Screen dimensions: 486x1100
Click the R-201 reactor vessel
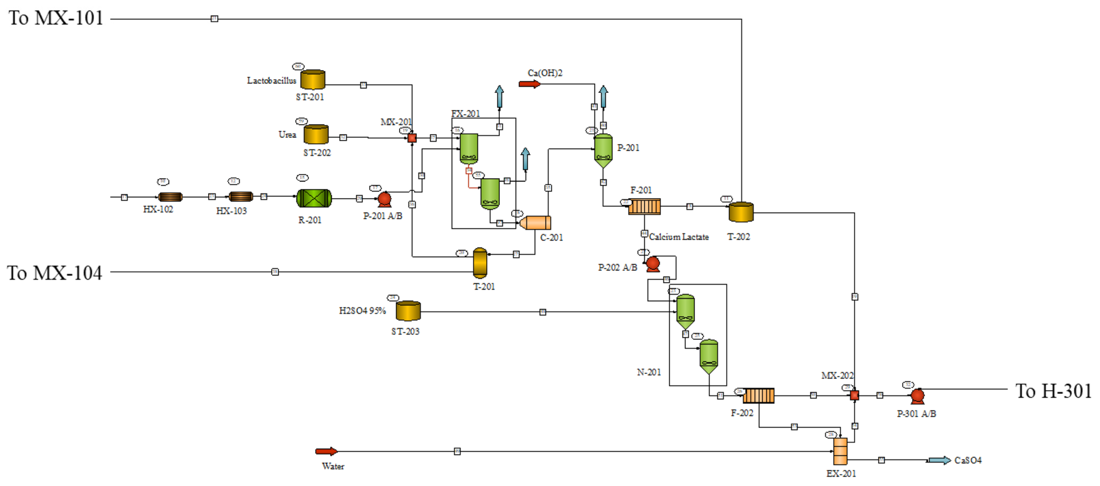click(314, 198)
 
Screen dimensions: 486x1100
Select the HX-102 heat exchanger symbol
click(170, 197)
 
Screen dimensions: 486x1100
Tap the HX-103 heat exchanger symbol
click(241, 197)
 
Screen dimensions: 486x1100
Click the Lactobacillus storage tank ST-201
click(313, 80)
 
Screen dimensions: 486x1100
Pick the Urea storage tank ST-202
click(316, 135)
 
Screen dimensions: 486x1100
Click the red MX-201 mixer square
click(412, 138)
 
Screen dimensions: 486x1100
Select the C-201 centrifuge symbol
click(536, 223)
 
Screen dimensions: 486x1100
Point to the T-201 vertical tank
click(480, 263)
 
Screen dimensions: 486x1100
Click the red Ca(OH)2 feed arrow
click(529, 84)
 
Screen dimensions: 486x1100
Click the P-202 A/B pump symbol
click(653, 264)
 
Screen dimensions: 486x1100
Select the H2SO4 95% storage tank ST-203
click(408, 311)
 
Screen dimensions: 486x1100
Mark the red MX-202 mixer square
click(854, 395)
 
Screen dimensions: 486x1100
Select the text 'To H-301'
click(1053, 391)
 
